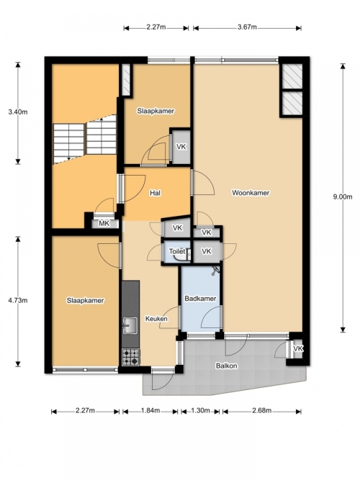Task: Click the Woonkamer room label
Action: click(251, 193)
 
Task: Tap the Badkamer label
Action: click(200, 299)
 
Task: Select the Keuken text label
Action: click(156, 319)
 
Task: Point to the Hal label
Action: click(156, 193)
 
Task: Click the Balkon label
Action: click(226, 366)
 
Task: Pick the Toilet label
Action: click(177, 251)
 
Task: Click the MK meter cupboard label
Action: click(104, 224)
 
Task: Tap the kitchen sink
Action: click(130, 325)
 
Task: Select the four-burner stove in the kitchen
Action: click(131, 357)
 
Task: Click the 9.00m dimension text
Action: click(343, 197)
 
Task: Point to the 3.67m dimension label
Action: click(247, 27)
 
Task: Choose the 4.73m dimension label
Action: click(18, 300)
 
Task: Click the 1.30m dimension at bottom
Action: click(200, 410)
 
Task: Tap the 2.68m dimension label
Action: click(262, 410)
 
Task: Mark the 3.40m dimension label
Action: click(18, 112)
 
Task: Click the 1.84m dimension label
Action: click(150, 410)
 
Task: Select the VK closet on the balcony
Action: click(297, 349)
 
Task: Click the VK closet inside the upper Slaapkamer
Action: click(181, 147)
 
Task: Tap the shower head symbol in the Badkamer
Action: click(215, 271)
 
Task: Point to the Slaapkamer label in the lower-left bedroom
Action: click(85, 301)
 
